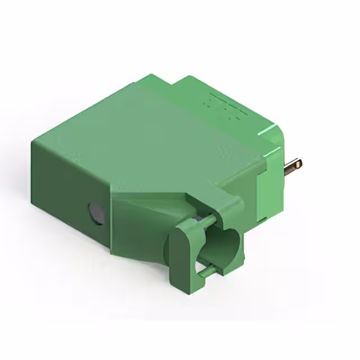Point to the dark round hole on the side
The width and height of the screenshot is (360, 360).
[96, 213]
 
